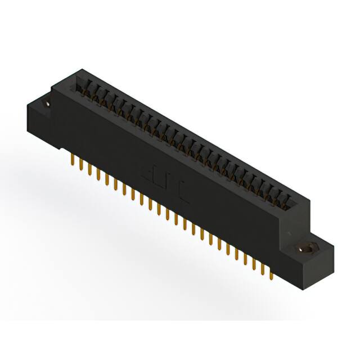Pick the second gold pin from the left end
pos(82,166)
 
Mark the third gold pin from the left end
pos(90,171)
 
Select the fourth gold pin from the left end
pos(98,175)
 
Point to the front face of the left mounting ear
pos(39,121)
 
